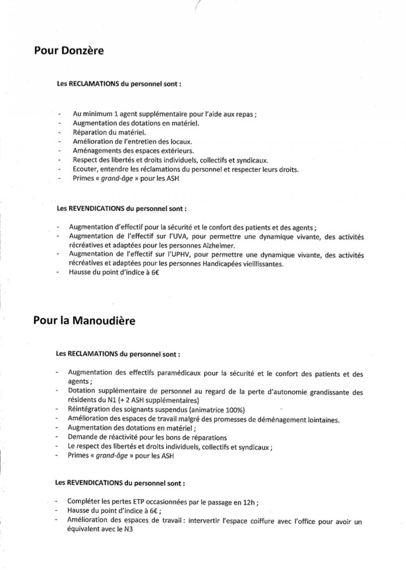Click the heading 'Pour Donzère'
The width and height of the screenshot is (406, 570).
(69, 51)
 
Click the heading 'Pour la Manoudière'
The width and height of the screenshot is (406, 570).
(84, 321)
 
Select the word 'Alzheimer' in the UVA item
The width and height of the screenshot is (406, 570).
(218, 246)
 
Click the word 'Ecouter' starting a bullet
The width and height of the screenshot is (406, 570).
(84, 169)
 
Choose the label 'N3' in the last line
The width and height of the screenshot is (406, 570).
(128, 529)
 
